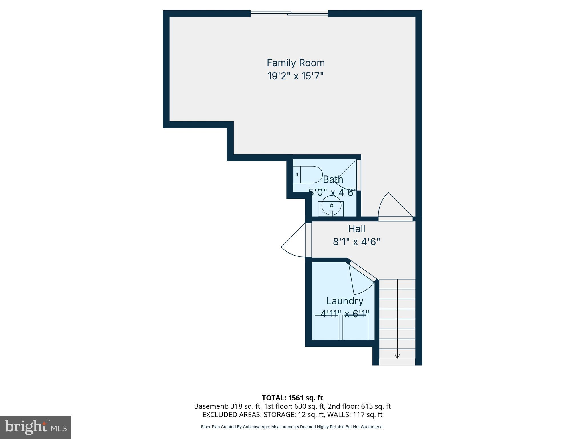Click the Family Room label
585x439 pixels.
pyautogui.click(x=296, y=63)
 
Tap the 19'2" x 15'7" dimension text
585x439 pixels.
pyautogui.click(x=296, y=76)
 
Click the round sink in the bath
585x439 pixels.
pyautogui.click(x=331, y=205)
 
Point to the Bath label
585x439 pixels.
pyautogui.click(x=333, y=179)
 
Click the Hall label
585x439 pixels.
pyautogui.click(x=356, y=229)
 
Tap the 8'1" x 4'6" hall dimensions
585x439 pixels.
pyautogui.click(x=356, y=242)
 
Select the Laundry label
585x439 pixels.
pyautogui.click(x=345, y=301)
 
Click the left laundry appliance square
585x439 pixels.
pyautogui.click(x=326, y=328)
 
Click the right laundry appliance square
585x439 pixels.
pyautogui.click(x=355, y=328)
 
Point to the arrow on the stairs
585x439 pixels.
pyautogui.click(x=397, y=356)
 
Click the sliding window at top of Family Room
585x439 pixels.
pyautogui.click(x=289, y=13)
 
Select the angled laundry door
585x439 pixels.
pyautogui.click(x=361, y=279)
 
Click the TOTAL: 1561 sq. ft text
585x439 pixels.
pyautogui.click(x=292, y=398)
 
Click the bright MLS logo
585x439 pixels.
pyautogui.click(x=36, y=427)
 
